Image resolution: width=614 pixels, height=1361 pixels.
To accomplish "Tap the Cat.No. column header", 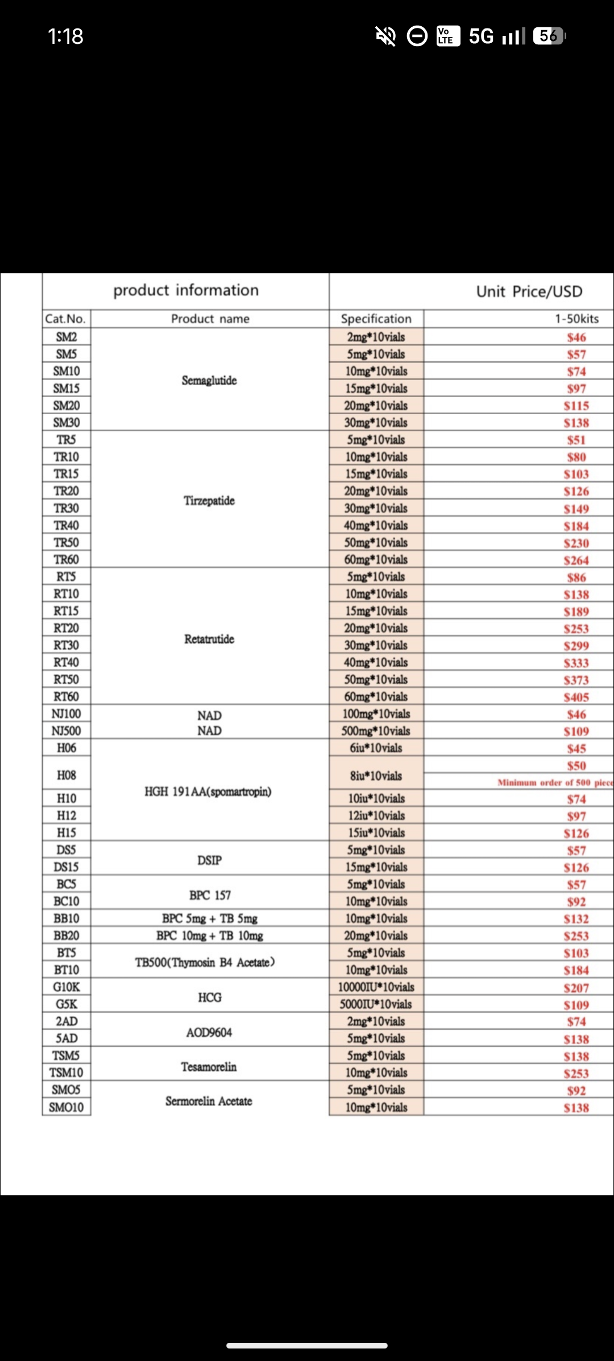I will [x=66, y=319].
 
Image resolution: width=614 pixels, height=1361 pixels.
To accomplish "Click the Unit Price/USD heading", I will [x=529, y=291].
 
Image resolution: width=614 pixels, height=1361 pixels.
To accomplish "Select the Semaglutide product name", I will [x=209, y=380].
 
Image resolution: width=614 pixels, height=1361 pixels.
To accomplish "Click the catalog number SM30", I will [x=67, y=422].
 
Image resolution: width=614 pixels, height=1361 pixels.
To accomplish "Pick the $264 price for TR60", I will [x=576, y=560].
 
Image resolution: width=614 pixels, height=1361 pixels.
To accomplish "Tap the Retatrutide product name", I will [x=209, y=639].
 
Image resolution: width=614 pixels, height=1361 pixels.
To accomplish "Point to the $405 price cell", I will [x=576, y=697].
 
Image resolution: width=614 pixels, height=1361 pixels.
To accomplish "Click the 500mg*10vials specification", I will [x=376, y=731].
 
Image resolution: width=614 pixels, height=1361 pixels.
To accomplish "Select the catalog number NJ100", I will [x=67, y=714].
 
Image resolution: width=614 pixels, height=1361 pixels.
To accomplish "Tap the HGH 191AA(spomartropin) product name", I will [x=208, y=791].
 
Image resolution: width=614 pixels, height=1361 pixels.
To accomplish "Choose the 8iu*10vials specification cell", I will [x=376, y=776].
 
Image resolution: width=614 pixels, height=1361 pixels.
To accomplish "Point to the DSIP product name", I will [x=209, y=860].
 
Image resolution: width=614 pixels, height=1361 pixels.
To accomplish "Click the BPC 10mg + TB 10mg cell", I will [x=210, y=935].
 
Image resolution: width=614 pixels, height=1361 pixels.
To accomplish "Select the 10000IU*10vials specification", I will [x=376, y=987].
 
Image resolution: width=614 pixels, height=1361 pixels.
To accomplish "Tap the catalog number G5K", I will [x=67, y=1004].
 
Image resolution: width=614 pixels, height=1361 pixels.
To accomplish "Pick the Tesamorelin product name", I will [x=209, y=1067].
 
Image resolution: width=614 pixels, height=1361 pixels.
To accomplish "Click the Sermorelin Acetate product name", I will [x=209, y=1101].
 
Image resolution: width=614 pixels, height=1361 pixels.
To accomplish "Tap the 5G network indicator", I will [x=481, y=36].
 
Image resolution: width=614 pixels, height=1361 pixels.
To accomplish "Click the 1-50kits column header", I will [x=576, y=319].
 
